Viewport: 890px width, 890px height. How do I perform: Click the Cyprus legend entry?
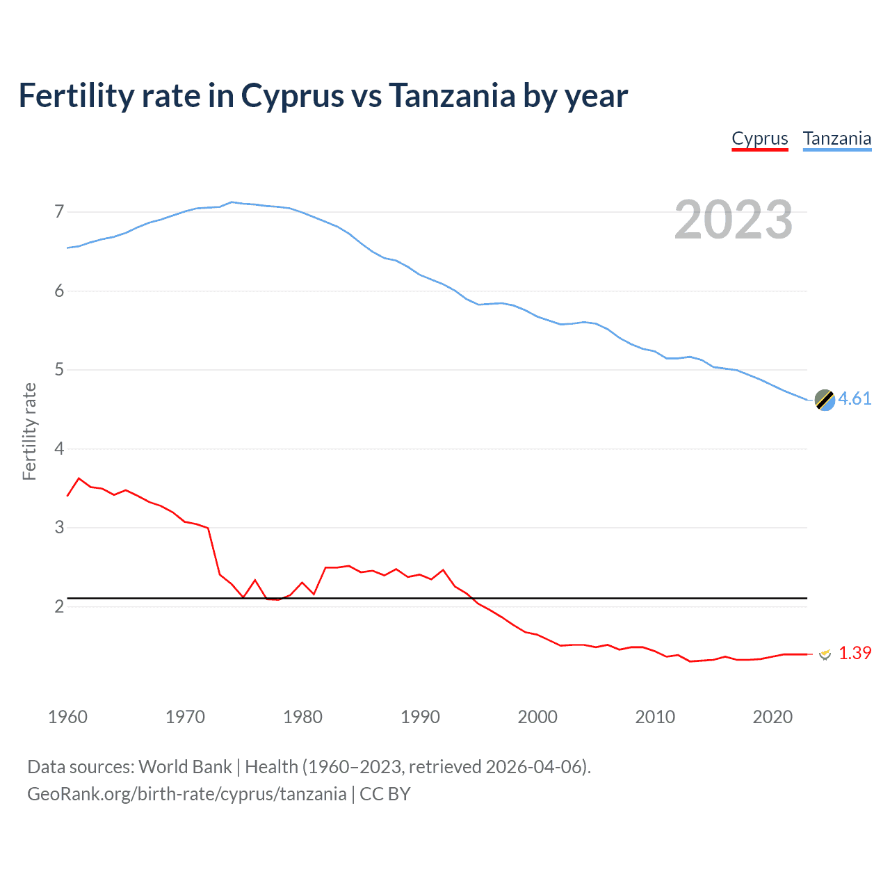(759, 139)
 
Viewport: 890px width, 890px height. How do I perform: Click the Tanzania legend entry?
(836, 139)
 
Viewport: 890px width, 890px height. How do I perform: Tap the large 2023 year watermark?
(733, 220)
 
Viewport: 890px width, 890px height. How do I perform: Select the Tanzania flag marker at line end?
(824, 400)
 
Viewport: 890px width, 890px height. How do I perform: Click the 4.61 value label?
(855, 398)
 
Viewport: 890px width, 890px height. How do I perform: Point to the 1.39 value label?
(855, 653)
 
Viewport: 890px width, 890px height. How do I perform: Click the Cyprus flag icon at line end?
(825, 654)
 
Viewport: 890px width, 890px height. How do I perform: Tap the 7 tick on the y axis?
(59, 211)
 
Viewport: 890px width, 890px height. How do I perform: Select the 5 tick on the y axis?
(59, 369)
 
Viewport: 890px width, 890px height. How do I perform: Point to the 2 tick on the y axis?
(59, 606)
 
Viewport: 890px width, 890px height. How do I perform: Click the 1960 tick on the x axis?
(67, 717)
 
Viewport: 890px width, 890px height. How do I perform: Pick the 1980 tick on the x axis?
(302, 717)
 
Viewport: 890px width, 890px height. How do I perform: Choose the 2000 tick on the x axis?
(537, 717)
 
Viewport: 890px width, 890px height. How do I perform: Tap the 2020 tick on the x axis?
(772, 717)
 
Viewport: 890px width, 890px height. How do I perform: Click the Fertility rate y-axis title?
(29, 431)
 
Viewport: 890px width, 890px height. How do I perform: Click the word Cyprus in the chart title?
(292, 96)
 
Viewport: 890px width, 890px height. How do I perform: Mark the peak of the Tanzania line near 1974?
(232, 202)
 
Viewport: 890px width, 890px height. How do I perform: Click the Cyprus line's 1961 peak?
(79, 478)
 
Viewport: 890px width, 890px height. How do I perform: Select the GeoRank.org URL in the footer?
(186, 794)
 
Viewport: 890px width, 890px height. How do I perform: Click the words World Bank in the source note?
(185, 767)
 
